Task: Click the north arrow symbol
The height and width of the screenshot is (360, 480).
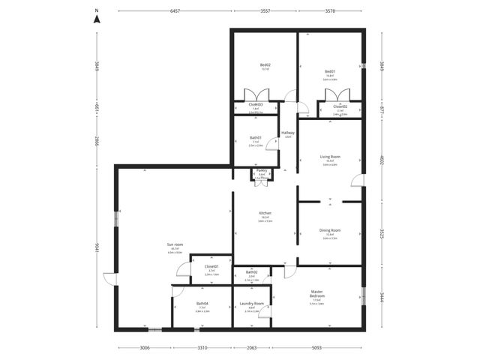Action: coord(96,19)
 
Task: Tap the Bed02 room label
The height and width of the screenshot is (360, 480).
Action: coord(265,65)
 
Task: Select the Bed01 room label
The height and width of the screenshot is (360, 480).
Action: coord(329,72)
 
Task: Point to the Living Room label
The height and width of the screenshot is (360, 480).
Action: coord(330,157)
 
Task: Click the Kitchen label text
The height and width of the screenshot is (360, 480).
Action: coord(265,213)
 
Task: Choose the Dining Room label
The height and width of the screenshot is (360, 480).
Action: coord(330,230)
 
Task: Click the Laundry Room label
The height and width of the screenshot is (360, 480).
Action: coord(252,304)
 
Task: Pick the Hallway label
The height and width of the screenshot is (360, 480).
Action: coord(287,133)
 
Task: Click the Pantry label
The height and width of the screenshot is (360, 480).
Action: coord(262,170)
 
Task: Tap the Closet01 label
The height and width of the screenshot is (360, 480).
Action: coord(211,266)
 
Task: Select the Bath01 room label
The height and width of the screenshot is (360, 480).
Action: coord(255,137)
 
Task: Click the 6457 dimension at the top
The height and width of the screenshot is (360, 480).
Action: coord(174,12)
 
